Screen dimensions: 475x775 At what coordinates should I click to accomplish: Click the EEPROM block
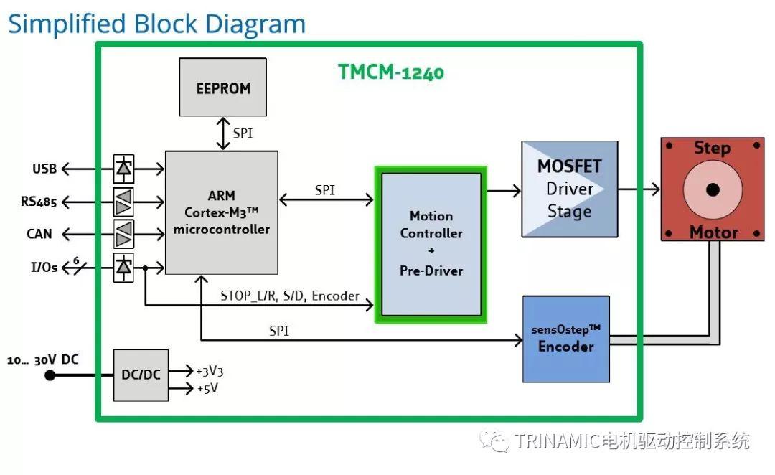[222, 88]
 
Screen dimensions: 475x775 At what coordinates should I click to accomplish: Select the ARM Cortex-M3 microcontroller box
[221, 212]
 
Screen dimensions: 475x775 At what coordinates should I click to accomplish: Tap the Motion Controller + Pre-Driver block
[431, 244]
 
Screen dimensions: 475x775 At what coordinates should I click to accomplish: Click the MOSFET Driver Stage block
[569, 189]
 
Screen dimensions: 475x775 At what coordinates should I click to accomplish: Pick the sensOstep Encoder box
[566, 339]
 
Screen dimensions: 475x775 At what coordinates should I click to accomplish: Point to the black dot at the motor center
[712, 190]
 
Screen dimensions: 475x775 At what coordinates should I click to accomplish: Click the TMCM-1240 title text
[391, 72]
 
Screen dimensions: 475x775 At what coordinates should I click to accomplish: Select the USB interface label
[44, 169]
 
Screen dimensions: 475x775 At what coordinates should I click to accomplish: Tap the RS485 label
[39, 201]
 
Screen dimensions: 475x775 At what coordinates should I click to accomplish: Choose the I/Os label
[42, 268]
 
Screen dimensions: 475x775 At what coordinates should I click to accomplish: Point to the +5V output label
[207, 389]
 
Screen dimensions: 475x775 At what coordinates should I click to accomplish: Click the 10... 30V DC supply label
[42, 360]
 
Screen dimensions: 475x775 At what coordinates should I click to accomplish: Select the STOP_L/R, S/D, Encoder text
[290, 296]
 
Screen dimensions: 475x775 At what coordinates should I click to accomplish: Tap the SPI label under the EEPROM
[243, 133]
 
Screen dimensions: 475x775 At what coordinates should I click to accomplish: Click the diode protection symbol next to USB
[123, 169]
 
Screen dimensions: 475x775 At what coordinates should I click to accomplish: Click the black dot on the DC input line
[50, 375]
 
